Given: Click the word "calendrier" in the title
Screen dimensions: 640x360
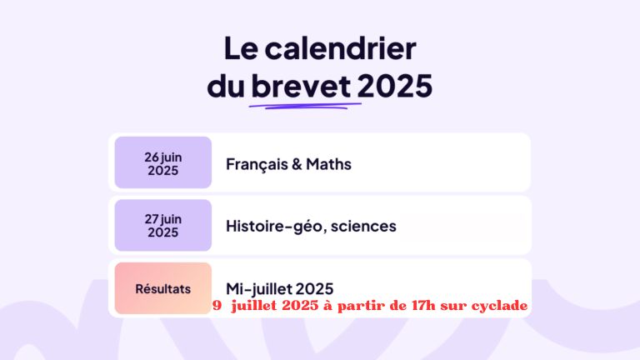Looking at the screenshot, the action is click(x=340, y=48).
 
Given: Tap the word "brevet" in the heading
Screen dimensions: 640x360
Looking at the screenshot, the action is click(x=301, y=86).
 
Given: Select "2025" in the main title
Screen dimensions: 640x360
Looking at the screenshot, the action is click(x=395, y=86).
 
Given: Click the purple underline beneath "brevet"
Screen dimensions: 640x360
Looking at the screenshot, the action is click(x=305, y=106).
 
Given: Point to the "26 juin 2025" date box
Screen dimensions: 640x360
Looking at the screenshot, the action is click(x=163, y=162).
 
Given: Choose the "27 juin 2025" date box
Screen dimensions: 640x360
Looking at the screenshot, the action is click(x=163, y=225).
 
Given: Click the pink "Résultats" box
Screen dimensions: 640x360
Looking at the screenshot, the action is click(x=163, y=288).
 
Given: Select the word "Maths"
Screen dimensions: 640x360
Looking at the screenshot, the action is click(x=328, y=164).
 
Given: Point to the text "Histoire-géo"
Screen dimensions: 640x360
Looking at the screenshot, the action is click(x=277, y=227).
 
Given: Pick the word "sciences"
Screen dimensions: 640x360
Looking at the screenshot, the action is click(x=363, y=226).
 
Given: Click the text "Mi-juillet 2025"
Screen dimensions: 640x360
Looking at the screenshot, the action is click(x=280, y=289).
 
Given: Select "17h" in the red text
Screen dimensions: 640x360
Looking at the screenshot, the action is click(x=423, y=305).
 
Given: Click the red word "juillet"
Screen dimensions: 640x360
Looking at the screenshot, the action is click(x=254, y=305).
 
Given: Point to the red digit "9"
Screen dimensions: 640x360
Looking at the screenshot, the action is click(x=217, y=306).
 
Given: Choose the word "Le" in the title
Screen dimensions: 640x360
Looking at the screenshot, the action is click(x=241, y=48).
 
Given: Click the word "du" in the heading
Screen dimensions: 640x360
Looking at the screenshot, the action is click(x=226, y=86).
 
